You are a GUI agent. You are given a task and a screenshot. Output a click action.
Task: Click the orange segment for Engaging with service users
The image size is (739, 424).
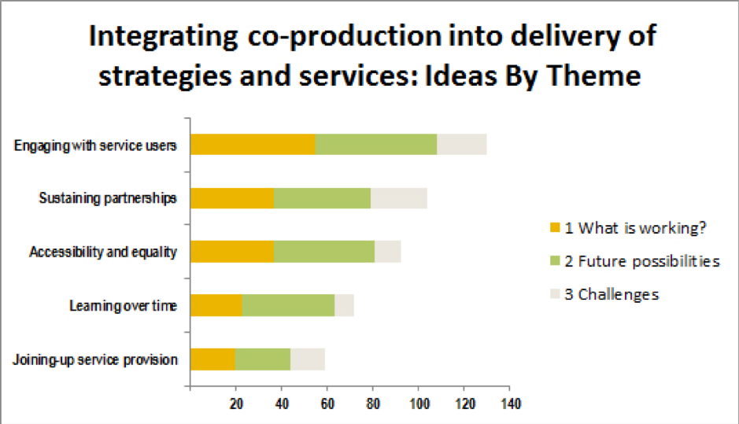pos(253,144)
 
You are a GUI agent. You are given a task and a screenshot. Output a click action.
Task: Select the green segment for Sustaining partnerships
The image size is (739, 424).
pos(323,198)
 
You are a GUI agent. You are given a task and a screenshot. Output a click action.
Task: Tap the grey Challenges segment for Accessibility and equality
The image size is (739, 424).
pos(388,252)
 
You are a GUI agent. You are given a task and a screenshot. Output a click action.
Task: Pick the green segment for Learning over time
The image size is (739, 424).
pos(288,305)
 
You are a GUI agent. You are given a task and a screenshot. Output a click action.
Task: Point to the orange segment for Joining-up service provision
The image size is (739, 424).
pos(213,359)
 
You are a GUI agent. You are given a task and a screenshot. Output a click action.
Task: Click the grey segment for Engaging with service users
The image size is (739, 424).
pos(462,144)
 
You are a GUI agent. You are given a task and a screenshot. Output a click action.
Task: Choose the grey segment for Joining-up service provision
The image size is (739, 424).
pos(308,359)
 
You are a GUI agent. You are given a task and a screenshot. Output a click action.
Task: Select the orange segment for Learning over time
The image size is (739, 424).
pos(216,305)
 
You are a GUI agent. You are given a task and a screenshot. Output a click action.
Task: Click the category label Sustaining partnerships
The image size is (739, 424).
pos(108,198)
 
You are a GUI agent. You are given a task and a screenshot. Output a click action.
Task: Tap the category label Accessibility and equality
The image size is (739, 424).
pos(103,252)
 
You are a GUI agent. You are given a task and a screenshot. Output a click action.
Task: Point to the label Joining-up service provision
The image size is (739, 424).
pos(95,360)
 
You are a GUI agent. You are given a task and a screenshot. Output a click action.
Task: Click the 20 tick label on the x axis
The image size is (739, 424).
pos(236,404)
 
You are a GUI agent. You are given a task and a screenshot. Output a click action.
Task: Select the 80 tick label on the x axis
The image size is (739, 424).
pos(373,404)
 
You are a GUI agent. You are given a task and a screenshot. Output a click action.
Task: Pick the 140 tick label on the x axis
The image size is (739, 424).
pos(511,404)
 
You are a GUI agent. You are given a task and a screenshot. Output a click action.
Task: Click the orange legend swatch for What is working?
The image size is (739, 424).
pos(555,227)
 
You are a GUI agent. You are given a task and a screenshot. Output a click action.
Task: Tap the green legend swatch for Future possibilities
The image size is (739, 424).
pos(555,260)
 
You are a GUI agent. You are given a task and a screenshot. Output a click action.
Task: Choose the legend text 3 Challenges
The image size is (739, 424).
pos(612,294)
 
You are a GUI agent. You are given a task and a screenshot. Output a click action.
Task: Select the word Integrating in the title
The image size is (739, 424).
pos(164,37)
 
